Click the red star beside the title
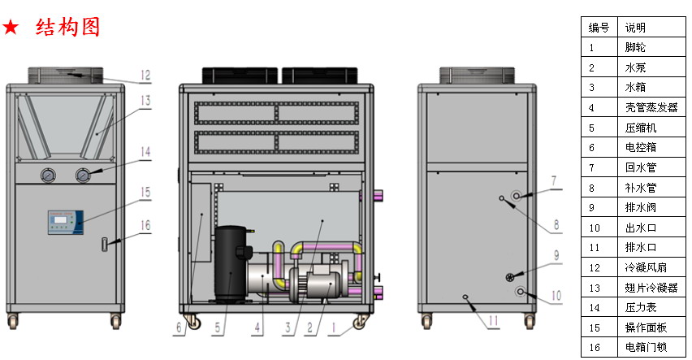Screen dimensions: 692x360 [x=11, y=28]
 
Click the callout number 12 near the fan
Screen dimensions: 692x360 [x=145, y=76]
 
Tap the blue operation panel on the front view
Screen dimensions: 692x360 [x=66, y=222]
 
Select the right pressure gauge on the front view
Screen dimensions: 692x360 [x=83, y=176]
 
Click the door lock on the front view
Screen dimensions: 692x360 [x=105, y=245]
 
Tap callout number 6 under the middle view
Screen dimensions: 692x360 [x=179, y=327]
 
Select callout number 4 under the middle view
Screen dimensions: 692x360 [x=257, y=327]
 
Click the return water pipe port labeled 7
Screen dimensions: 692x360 [x=517, y=195]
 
